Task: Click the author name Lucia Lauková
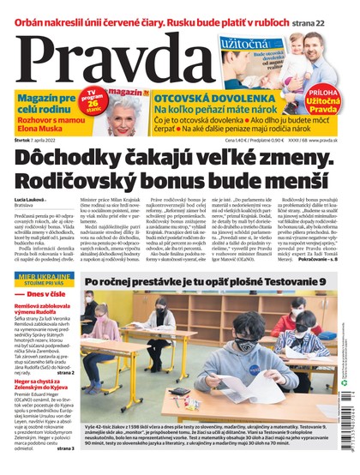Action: coord(32,200)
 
